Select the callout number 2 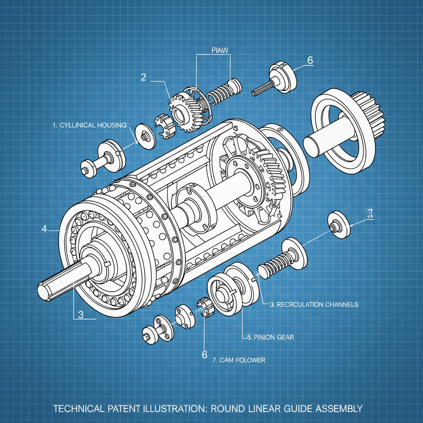pos(143,77)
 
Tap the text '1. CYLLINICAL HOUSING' pos(89,125)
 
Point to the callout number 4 pos(44,228)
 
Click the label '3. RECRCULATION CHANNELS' pos(314,304)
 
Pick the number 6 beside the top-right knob pos(310,60)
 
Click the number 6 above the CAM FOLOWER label pos(204,354)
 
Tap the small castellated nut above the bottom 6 pos(203,308)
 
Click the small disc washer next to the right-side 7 pos(339,226)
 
